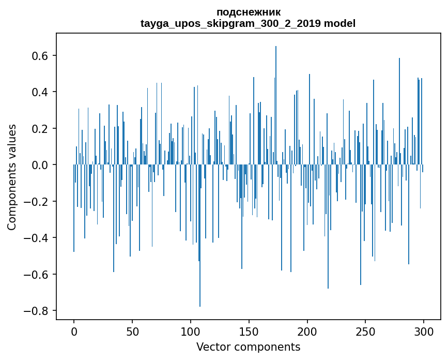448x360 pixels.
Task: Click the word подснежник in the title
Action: [248, 12]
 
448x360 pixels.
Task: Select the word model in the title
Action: [339, 23]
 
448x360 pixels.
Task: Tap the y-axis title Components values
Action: [12, 177]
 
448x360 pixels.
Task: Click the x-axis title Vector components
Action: [248, 347]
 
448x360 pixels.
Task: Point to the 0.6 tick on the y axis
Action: [41, 55]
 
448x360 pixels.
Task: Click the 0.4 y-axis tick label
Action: [41, 92]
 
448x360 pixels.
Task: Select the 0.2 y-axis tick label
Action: [41, 128]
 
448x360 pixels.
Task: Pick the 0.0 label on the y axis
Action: [41, 165]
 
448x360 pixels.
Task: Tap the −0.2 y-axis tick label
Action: [38, 201]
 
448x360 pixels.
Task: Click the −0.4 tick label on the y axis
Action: [38, 238]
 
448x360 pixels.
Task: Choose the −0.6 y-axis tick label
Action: [38, 274]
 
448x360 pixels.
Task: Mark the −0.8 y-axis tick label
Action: [38, 311]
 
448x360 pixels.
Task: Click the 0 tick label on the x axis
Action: [74, 332]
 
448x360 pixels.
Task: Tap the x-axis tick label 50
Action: [132, 332]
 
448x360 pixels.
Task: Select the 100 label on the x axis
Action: [191, 332]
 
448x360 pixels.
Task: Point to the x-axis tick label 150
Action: [249, 332]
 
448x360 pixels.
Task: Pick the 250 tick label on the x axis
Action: [366, 332]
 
